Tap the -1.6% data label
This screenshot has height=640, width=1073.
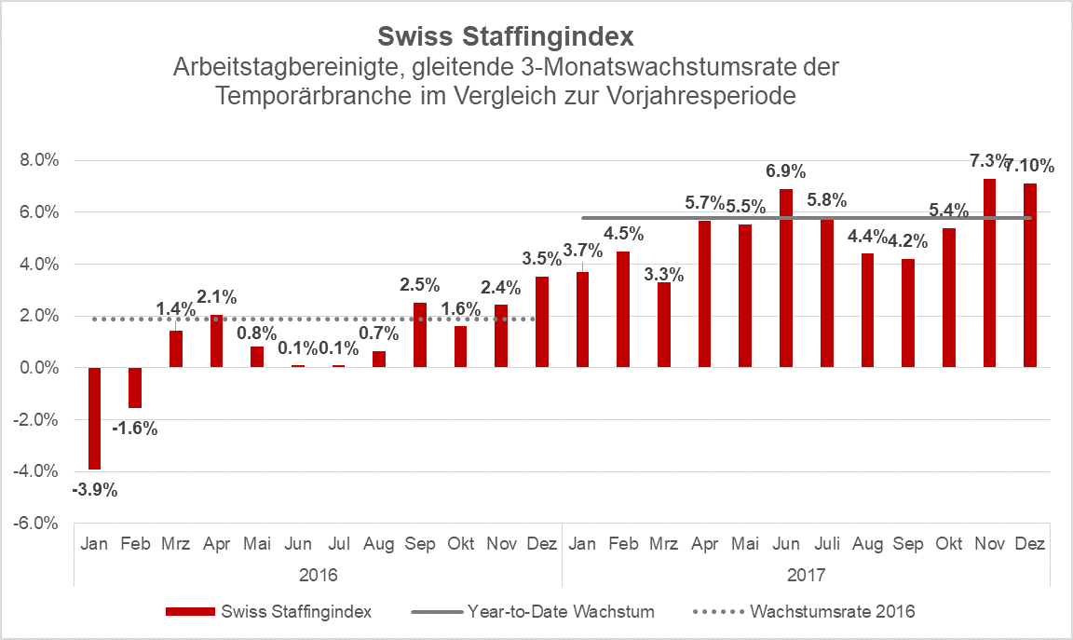135,429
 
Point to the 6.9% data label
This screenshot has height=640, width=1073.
786,170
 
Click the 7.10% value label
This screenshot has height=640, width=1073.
1029,166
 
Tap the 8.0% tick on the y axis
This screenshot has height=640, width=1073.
39,160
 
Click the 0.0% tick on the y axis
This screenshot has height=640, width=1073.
39,368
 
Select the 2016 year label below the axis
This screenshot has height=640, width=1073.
318,574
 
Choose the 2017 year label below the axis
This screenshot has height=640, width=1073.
806,574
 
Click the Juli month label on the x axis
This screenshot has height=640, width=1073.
826,544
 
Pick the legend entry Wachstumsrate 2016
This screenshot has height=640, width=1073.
832,612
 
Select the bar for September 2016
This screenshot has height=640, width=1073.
419,334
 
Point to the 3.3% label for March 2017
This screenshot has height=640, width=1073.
664,275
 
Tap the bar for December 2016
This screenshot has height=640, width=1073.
542,321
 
